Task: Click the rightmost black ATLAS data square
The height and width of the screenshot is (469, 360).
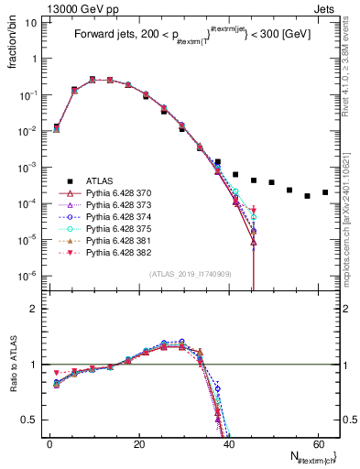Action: coord(325,192)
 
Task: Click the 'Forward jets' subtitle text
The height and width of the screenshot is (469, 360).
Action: coord(106,38)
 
